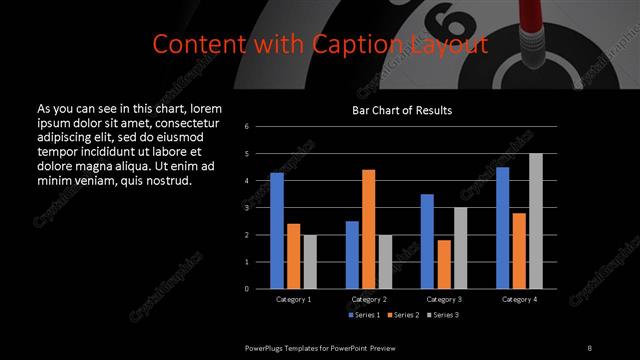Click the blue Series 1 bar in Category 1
pos(277,231)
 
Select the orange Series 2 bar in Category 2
pos(369,229)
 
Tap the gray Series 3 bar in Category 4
pos(536,221)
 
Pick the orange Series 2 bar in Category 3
pos(443,264)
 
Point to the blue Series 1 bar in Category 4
pos(503,228)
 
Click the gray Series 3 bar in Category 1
pos(310,262)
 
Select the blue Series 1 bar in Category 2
pos(352,255)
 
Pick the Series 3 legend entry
pos(444,315)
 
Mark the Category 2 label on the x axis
pos(369,299)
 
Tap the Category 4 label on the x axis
pos(519,299)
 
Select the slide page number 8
pos(589,347)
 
